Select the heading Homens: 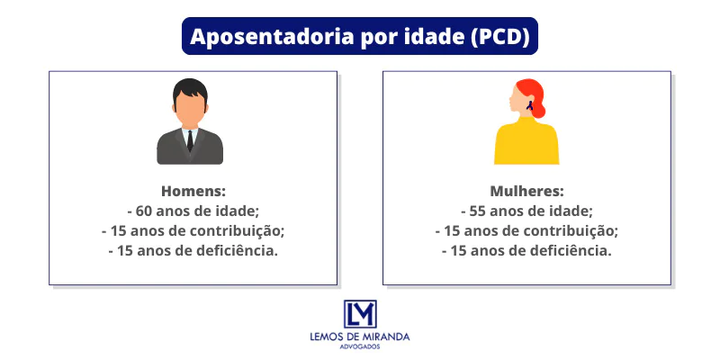pyautogui.click(x=193, y=192)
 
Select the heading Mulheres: pyautogui.click(x=526, y=192)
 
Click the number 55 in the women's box pyautogui.click(x=479, y=211)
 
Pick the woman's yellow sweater pyautogui.click(x=526, y=144)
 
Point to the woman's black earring pyautogui.click(x=530, y=105)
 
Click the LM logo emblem pyautogui.click(x=360, y=314)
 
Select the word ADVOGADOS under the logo pyautogui.click(x=360, y=347)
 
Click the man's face pyautogui.click(x=190, y=109)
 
